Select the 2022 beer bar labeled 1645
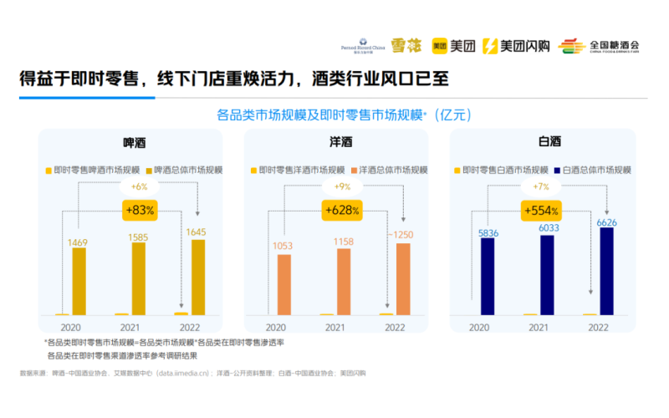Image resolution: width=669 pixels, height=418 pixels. point(197,277)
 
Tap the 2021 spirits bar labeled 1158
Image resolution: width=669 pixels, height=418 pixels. point(344,281)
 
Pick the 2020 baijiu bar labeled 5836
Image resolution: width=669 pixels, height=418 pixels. point(488,275)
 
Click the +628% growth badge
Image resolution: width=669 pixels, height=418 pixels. point(344,210)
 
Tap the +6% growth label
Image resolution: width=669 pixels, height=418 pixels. point(137,186)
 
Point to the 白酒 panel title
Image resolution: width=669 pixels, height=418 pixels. point(549,143)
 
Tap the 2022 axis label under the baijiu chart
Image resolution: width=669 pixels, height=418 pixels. point(598,328)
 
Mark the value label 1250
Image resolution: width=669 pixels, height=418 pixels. point(404,235)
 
